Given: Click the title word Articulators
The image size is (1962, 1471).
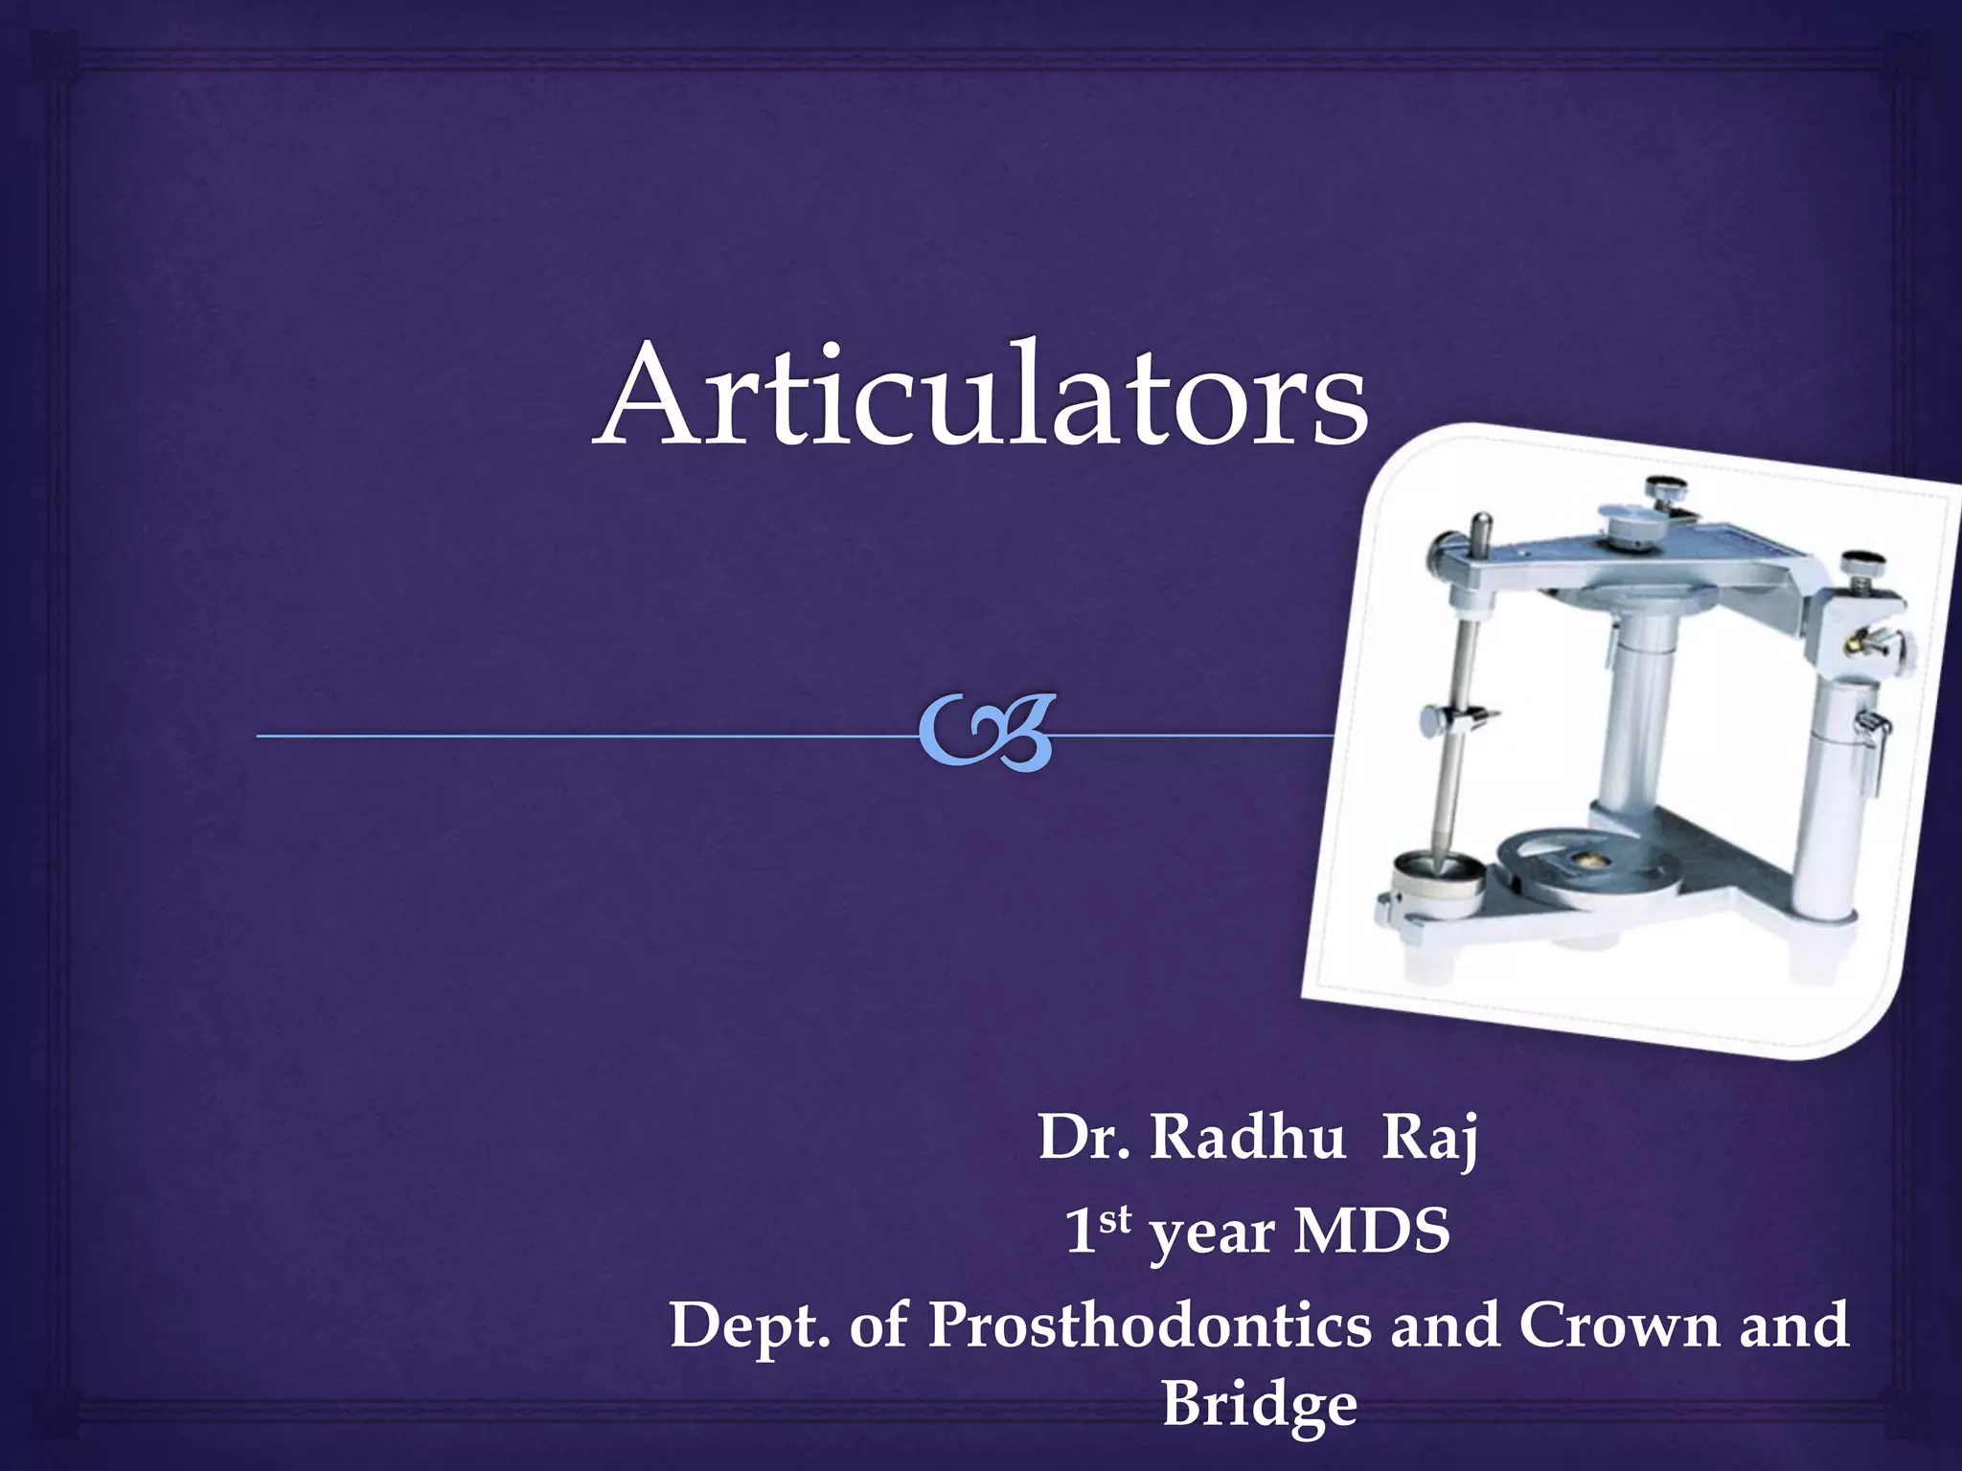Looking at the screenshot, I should click(x=981, y=395).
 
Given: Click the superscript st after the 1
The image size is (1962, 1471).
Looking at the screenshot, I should click(x=1115, y=1218).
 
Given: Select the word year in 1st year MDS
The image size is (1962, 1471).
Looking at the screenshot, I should click(x=1211, y=1235).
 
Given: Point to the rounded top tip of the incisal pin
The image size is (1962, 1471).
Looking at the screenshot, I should click(x=1482, y=523).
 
